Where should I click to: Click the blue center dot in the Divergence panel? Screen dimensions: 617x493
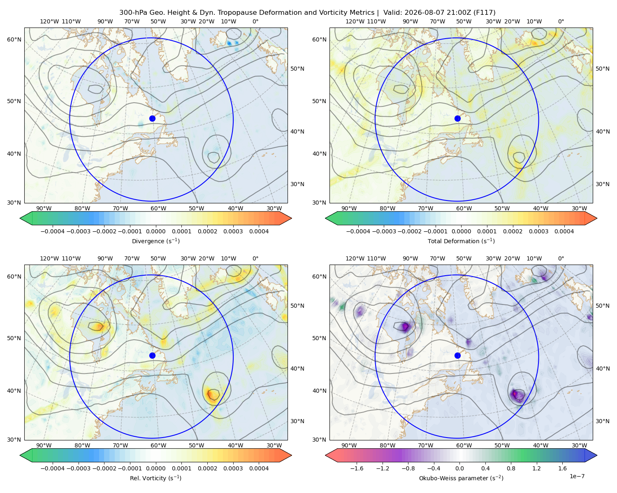(x=152, y=118)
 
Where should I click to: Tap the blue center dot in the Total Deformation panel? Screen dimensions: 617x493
(x=457, y=118)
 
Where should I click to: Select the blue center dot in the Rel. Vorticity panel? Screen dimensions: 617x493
(x=152, y=355)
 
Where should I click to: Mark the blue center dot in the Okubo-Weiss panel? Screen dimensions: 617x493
(x=457, y=355)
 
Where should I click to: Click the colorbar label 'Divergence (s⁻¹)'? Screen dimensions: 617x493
(x=155, y=241)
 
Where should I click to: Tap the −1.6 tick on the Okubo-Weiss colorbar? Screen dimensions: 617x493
(x=357, y=468)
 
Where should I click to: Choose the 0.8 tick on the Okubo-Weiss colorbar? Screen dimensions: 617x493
(x=511, y=468)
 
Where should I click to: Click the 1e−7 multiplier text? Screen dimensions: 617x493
(x=577, y=476)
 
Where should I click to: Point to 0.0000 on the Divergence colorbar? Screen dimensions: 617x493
(x=155, y=231)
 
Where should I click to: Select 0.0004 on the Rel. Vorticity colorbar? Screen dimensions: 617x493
(x=259, y=468)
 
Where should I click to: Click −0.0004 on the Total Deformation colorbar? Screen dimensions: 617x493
(x=358, y=231)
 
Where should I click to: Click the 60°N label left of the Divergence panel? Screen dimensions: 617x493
(x=14, y=39)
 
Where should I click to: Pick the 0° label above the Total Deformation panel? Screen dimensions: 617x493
(x=561, y=21)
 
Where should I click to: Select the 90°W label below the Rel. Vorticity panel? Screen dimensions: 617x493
(x=44, y=445)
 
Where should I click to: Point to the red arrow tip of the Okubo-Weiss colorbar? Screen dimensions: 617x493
(x=326, y=455)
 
